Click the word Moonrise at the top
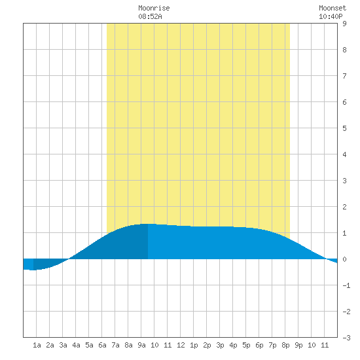[x=154, y=8]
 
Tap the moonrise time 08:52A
[x=150, y=16]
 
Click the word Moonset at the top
[x=333, y=8]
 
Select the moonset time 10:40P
[x=331, y=16]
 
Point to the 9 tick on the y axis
[x=344, y=24]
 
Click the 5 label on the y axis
[x=344, y=128]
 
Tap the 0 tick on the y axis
[x=344, y=259]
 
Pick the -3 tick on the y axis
[x=346, y=338]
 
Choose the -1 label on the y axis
[x=346, y=285]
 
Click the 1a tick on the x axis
[x=37, y=345]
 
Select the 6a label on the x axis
[x=102, y=345]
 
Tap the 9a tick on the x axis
[x=141, y=345]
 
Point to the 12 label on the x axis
[x=181, y=345]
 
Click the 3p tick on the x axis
[x=220, y=345]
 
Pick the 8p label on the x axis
[x=285, y=345]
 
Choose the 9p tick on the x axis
[x=298, y=345]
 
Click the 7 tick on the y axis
[x=344, y=76]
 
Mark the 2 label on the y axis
[x=344, y=207]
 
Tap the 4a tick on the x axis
[x=76, y=345]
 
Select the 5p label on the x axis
[x=246, y=345]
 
